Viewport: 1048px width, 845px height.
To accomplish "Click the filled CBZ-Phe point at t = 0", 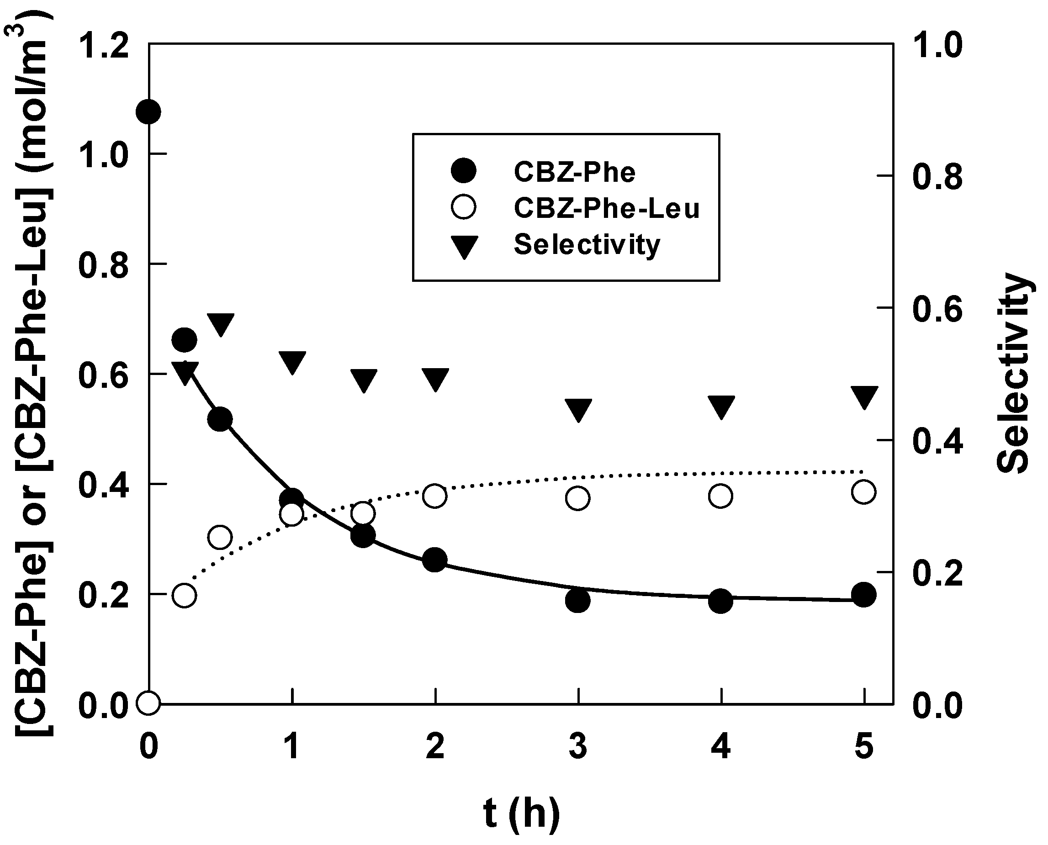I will point(148,112).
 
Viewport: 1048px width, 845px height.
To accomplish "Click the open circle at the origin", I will point(148,702).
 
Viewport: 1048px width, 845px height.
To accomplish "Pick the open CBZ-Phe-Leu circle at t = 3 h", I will point(578,498).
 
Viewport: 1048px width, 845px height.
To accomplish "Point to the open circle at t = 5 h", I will point(864,491).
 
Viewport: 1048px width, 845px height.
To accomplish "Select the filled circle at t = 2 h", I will point(434,560).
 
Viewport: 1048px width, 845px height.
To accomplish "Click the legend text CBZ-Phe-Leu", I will point(607,209).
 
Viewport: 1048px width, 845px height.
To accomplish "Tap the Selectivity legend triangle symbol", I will point(463,246).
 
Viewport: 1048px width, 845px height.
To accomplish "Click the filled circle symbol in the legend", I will point(463,171).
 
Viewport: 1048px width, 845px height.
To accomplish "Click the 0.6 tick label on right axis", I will point(937,310).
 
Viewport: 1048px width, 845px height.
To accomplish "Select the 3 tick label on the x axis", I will point(578,747).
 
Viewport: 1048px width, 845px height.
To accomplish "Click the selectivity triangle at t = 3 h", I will point(578,409).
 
